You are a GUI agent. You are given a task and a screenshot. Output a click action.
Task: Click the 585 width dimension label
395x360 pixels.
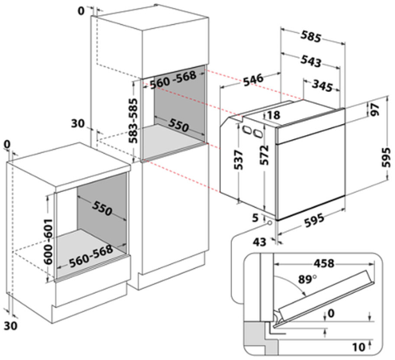point(311,37)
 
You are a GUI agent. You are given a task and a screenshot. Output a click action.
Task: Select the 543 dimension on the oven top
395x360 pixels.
point(311,61)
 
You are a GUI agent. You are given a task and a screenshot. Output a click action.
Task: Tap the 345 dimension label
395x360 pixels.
point(322,86)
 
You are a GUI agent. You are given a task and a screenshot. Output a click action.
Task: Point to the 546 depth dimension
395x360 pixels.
point(253,79)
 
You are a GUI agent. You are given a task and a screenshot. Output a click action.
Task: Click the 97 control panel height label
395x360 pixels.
point(375,110)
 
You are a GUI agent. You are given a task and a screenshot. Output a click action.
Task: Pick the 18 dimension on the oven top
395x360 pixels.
point(273,115)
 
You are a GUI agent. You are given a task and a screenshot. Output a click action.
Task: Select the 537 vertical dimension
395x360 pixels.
point(238,160)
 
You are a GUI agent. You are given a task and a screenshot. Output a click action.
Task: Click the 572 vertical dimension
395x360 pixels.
point(265,155)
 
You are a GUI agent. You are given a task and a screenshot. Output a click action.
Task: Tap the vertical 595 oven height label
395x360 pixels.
point(386,157)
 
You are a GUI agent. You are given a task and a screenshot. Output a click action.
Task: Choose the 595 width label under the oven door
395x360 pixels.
point(314,220)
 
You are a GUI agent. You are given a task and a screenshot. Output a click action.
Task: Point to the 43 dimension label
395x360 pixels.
point(259,242)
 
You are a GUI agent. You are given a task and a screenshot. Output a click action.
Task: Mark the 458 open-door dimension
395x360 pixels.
point(324,263)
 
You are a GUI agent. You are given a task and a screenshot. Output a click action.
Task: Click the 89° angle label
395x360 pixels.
point(308,279)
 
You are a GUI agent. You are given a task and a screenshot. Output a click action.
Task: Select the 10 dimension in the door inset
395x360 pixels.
point(359,347)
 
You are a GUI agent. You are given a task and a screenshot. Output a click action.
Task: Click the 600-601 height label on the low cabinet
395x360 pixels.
point(48,242)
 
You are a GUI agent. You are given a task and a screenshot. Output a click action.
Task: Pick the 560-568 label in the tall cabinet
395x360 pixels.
point(173,80)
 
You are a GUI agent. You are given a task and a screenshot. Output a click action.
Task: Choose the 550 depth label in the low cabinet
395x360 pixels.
point(102,208)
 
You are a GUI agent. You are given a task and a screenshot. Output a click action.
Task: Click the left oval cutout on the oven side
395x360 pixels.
point(246,130)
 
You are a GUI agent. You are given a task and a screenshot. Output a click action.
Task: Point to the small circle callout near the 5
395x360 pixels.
point(269,222)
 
